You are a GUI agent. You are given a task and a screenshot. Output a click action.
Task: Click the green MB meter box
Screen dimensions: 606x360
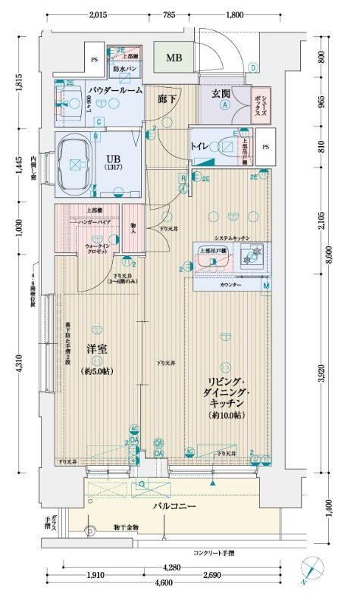[174, 58]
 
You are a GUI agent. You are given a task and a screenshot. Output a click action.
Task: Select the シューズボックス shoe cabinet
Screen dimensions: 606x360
[259, 97]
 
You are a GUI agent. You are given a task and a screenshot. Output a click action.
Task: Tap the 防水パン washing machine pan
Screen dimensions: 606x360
[124, 70]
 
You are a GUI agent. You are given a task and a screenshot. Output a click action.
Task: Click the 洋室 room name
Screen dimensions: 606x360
[95, 350]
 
